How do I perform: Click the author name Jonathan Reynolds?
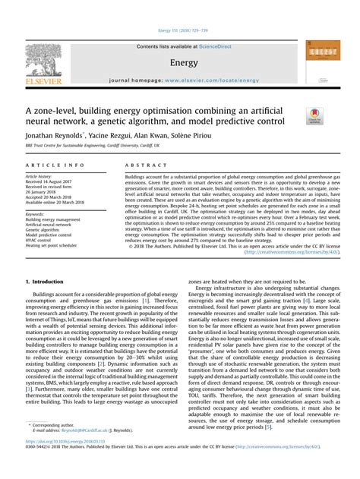pyautogui.click(x=52, y=134)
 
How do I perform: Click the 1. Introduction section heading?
pyautogui.click(x=48, y=282)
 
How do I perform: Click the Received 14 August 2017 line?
pyautogui.click(x=52, y=183)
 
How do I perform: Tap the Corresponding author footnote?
pyautogui.click(x=52, y=445)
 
